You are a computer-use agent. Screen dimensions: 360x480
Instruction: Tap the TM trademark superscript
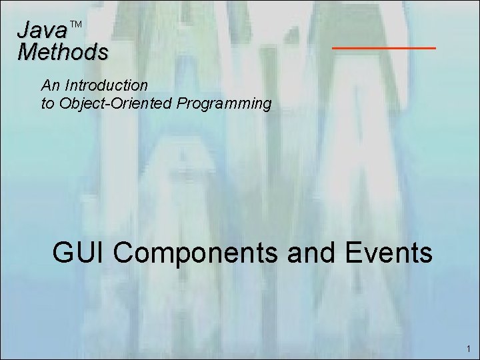[x=75, y=25]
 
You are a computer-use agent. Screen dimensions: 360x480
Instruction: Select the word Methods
[x=63, y=51]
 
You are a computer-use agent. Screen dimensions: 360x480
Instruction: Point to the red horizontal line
[x=383, y=48]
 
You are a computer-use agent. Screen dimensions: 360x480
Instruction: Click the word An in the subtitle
[x=49, y=85]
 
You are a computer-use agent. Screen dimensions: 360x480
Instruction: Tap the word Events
[x=389, y=253]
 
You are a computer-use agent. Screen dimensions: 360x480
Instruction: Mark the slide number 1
[x=469, y=349]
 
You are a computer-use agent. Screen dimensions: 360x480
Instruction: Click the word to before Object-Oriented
[x=47, y=104]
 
